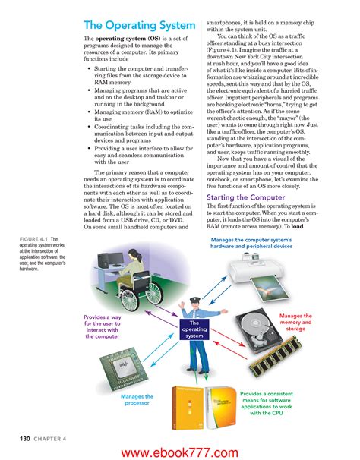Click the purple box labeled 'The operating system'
[x=194, y=331]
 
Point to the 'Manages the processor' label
[x=137, y=401]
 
